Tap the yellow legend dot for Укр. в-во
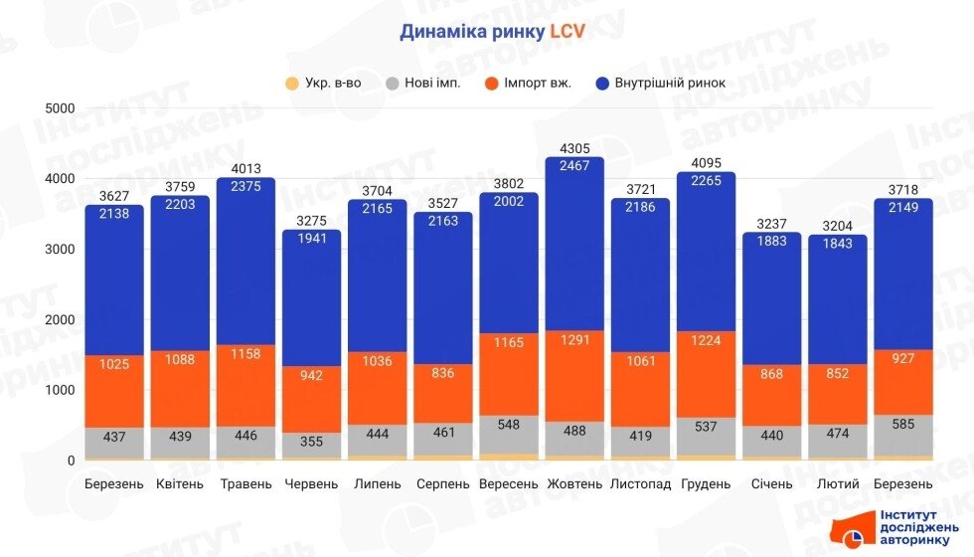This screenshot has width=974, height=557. point(291,83)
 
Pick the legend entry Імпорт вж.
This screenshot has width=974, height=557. point(538,83)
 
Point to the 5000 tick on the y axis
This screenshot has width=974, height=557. point(62,107)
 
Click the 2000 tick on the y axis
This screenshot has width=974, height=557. point(62,319)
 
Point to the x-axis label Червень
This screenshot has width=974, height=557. point(312,484)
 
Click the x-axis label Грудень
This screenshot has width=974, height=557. point(706,484)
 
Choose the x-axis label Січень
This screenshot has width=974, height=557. point(771,484)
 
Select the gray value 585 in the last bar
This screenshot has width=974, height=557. point(902,432)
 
